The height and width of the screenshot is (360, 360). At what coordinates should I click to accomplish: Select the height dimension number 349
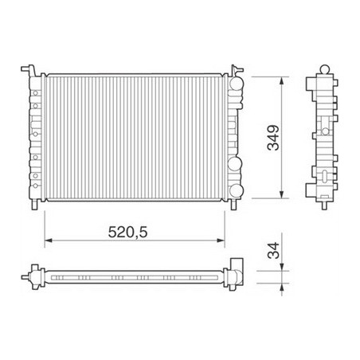[x=272, y=136]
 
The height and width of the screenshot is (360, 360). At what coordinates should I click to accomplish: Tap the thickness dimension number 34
[x=273, y=254]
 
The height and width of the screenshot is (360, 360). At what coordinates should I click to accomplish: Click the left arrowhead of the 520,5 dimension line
[x=48, y=240]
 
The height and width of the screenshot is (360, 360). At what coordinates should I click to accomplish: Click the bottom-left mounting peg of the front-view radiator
[x=33, y=205]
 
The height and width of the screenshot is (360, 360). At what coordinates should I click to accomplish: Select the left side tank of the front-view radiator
[x=35, y=136]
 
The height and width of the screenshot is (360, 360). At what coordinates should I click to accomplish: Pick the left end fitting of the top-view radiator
[x=33, y=276]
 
